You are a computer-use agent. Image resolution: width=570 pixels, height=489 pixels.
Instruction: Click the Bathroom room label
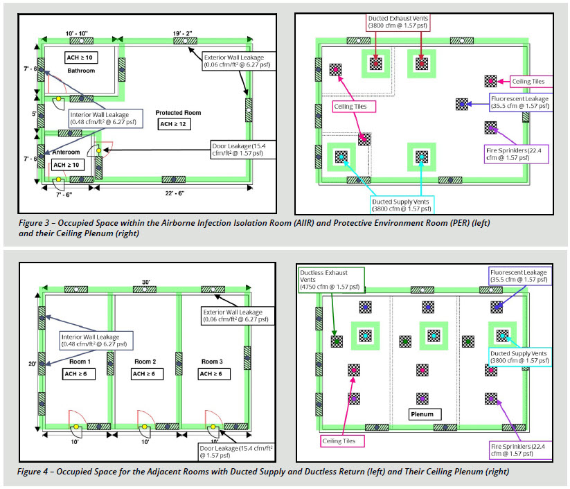[x=81, y=71]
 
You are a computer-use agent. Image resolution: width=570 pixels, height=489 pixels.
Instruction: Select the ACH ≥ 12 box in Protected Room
[x=173, y=125]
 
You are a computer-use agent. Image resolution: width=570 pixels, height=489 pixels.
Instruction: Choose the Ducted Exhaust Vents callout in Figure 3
[x=398, y=21]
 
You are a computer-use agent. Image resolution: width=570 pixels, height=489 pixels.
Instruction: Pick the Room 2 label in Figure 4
[x=145, y=362]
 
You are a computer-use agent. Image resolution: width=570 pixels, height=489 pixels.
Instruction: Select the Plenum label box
[x=422, y=414]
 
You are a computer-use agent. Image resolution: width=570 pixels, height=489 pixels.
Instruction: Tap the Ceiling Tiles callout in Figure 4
[x=339, y=441]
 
